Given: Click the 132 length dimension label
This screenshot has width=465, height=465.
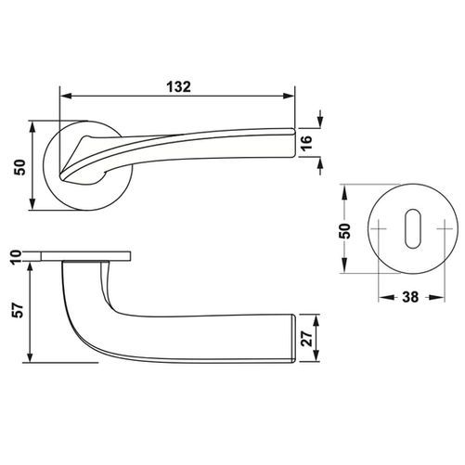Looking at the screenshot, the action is tap(179, 87).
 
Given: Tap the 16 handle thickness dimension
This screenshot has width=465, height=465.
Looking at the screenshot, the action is tap(306, 143).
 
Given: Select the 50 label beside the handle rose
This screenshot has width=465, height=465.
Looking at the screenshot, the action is tap(19, 167).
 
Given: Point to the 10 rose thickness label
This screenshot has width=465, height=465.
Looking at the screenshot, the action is tap(17, 256).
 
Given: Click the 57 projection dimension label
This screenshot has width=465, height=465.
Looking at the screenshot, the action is tap(19, 310).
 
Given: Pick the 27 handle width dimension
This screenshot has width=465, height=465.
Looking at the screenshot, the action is tap(306, 339).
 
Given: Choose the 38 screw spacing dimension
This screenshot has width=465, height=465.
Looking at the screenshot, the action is tap(410, 297).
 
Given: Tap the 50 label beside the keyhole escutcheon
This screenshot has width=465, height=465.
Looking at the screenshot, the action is tap(345, 230).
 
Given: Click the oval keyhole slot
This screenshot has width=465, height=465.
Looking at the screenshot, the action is tap(413, 228).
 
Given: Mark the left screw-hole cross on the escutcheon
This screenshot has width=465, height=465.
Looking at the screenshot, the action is tap(379, 229).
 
